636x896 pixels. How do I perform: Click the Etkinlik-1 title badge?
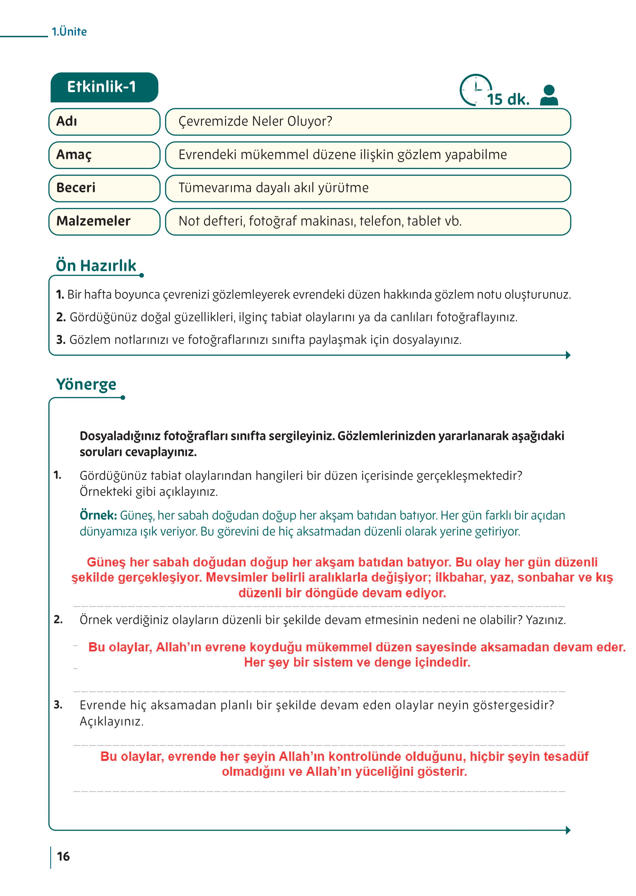tap(104, 87)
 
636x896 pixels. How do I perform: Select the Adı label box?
tap(104, 122)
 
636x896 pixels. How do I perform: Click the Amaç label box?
tap(104, 155)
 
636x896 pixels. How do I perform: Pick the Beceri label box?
tap(104, 188)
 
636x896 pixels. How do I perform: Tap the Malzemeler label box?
tap(104, 221)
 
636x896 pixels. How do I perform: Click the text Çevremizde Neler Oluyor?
tap(255, 122)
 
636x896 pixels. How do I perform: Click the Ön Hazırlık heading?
tap(96, 266)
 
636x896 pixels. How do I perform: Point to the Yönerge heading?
tap(86, 384)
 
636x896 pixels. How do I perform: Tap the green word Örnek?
tap(98, 515)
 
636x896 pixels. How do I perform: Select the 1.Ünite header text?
tap(69, 32)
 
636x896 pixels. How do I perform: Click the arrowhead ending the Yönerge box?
tap(568, 830)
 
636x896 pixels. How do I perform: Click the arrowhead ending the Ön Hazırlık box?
tap(568, 355)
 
